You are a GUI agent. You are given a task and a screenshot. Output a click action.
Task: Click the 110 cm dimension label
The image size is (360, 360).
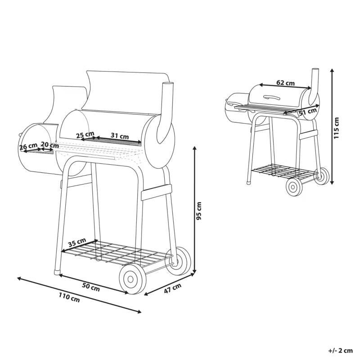pos(69,297)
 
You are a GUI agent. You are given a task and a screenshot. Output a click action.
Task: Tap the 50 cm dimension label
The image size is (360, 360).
pos(91,287)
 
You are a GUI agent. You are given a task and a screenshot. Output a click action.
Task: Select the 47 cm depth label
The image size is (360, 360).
pos(173,288)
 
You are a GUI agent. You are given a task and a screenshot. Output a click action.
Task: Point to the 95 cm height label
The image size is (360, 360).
pos(199,211)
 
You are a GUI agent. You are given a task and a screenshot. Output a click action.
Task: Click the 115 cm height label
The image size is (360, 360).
pos(336,128)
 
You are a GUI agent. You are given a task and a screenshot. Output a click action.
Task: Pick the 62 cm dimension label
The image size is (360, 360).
pos(285,82)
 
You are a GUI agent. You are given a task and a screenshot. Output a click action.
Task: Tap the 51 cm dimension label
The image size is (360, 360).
pos(308,112)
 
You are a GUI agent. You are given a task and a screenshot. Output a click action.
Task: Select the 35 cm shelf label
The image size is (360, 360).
pos(77,243)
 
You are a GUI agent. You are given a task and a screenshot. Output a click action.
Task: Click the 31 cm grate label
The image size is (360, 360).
pos(120,136)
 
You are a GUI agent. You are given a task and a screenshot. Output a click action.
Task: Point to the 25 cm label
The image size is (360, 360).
pos(85,135)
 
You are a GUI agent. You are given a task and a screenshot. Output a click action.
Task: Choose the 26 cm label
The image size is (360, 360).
pos(28,146)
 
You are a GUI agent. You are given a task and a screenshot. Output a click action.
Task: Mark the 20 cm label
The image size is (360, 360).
pos(49,145)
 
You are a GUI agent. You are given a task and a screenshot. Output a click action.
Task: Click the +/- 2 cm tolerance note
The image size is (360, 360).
pos(340,351)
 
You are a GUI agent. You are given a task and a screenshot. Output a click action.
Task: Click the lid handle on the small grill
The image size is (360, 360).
pos(272,97)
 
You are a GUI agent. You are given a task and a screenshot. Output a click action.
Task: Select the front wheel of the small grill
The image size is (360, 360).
pos(294,187)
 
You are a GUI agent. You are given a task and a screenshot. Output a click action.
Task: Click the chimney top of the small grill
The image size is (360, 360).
pos(315,69)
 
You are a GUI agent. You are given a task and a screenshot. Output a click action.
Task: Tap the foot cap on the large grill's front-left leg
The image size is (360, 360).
pos(57,272)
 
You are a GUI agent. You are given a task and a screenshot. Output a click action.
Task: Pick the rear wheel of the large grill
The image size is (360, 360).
pos(179,261)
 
